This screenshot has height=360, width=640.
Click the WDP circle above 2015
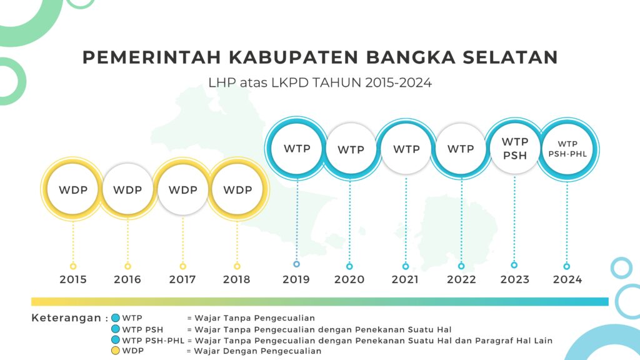point(73,189)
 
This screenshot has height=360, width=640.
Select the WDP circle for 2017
point(183,189)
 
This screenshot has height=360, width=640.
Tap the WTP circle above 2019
point(297,149)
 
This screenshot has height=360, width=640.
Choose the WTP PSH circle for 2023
point(515,149)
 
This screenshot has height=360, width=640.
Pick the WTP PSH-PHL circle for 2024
point(567,149)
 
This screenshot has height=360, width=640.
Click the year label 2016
point(127,279)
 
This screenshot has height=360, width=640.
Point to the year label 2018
point(237,279)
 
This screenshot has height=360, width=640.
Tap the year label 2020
point(349,279)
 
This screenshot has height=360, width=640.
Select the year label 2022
point(461,279)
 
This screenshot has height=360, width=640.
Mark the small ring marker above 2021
point(405,266)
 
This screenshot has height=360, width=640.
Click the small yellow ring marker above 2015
point(73,266)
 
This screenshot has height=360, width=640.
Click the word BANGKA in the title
point(411,57)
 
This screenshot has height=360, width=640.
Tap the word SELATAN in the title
point(510,57)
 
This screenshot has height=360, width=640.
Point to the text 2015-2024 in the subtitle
point(398,83)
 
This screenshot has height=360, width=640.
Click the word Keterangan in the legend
point(66,318)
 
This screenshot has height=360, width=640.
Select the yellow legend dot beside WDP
point(116,351)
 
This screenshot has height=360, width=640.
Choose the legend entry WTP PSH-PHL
point(153,341)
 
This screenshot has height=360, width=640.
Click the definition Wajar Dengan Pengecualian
point(257,351)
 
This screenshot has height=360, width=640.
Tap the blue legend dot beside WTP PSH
point(116,329)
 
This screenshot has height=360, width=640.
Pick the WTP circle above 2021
point(406,149)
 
